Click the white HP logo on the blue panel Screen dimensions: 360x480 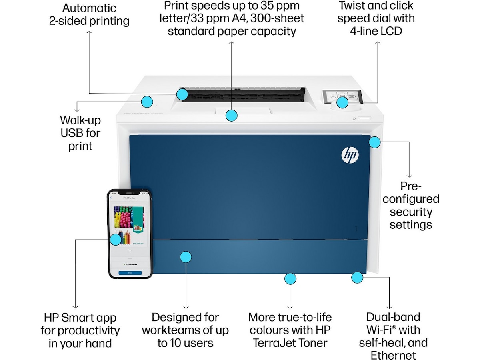click(350, 155)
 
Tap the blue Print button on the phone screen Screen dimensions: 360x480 click(130, 272)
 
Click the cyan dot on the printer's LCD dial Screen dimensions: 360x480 click(342, 103)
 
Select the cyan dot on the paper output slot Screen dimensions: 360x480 click(182, 94)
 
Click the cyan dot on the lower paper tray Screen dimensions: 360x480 click(185, 257)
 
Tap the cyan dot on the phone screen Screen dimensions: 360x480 click(116, 240)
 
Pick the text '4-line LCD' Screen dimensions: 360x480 click(376, 31)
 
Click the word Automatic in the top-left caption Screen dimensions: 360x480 click(89, 8)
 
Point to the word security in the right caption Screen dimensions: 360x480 click(411, 212)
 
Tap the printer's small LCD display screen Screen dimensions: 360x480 click(342, 96)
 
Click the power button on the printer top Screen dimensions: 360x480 click(354, 119)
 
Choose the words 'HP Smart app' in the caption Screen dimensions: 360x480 click(80, 318)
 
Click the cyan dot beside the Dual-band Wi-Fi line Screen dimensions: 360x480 click(357, 277)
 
